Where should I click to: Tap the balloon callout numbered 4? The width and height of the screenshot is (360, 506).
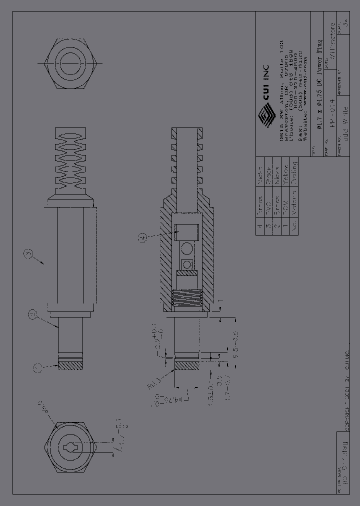(143, 238)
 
